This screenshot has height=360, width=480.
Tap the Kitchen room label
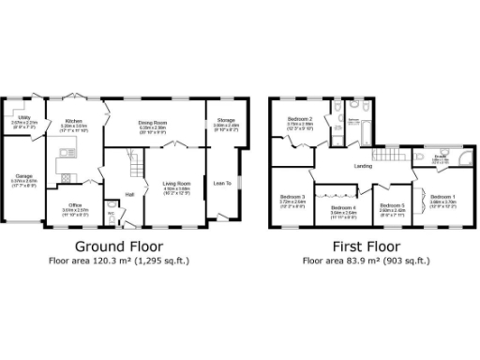tap(73, 121)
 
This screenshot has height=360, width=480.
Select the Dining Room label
tap(153, 122)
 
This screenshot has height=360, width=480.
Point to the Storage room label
tap(226, 121)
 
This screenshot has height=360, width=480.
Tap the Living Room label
tap(176, 183)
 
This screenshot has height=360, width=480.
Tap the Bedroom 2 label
tap(300, 120)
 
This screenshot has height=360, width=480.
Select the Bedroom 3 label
tap(292, 196)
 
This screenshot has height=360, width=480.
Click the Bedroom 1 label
tap(442, 196)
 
